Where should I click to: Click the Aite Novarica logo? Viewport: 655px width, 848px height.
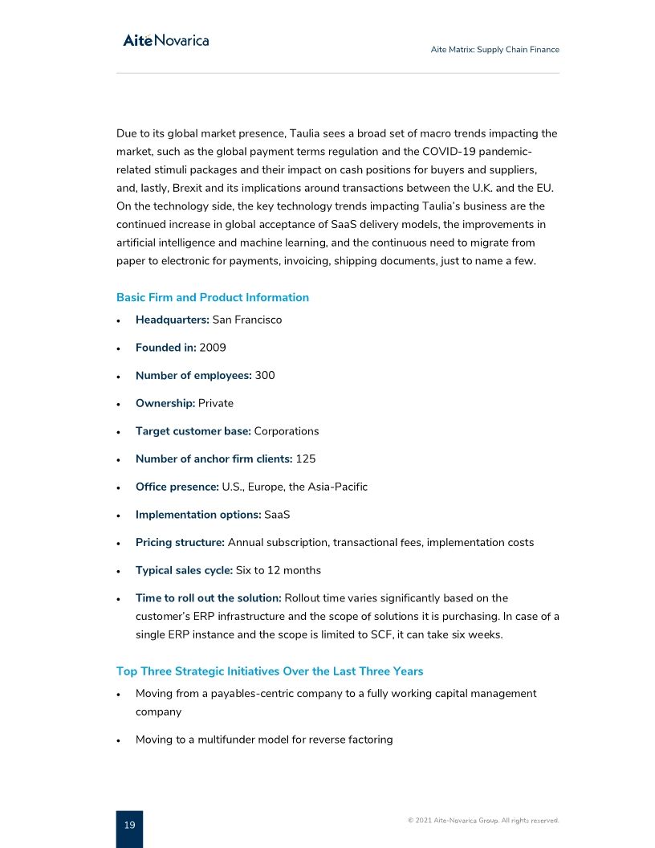[x=165, y=40]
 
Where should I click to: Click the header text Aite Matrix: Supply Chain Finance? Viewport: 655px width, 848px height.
[x=494, y=50]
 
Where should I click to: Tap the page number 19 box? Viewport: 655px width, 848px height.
[x=129, y=826]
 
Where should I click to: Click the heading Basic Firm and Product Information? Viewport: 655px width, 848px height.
[x=212, y=297]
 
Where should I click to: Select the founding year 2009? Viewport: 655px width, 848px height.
[x=213, y=348]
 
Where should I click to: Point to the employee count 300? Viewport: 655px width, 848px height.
[x=265, y=375]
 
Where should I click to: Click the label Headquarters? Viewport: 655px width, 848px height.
[x=172, y=320]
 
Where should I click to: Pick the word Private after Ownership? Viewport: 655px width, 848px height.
[x=216, y=403]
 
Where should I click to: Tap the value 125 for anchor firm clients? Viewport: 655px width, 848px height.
[x=306, y=459]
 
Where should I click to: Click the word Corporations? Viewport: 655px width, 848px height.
[x=286, y=431]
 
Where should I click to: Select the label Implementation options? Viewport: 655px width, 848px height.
[x=198, y=515]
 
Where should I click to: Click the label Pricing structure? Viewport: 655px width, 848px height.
[x=180, y=542]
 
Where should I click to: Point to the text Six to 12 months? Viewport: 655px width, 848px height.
[x=278, y=570]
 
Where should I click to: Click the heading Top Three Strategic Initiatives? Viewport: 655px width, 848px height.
[x=270, y=671]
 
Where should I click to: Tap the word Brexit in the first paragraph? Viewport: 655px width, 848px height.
[x=189, y=188]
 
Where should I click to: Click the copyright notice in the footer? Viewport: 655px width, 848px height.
[x=483, y=821]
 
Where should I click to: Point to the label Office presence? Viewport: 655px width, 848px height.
[x=177, y=487]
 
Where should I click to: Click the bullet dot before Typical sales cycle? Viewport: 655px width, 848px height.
[x=119, y=571]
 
